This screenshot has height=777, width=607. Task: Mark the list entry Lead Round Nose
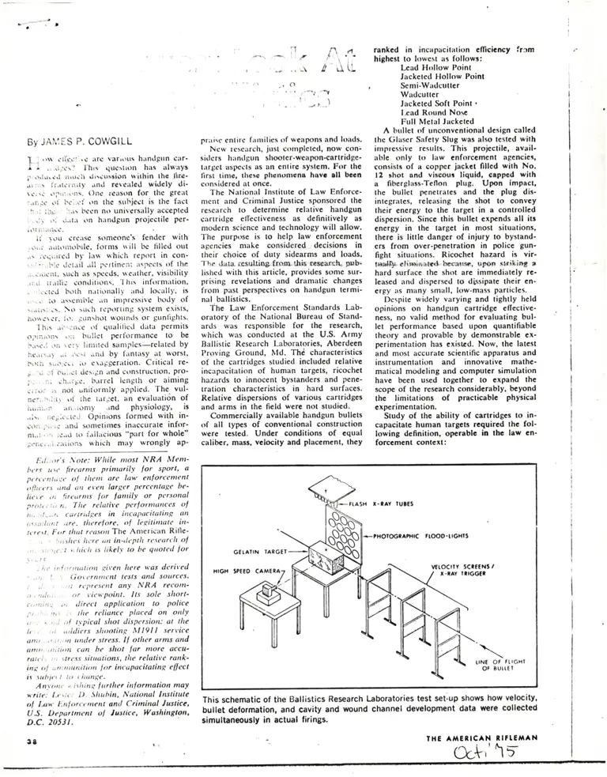pos(436,112)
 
